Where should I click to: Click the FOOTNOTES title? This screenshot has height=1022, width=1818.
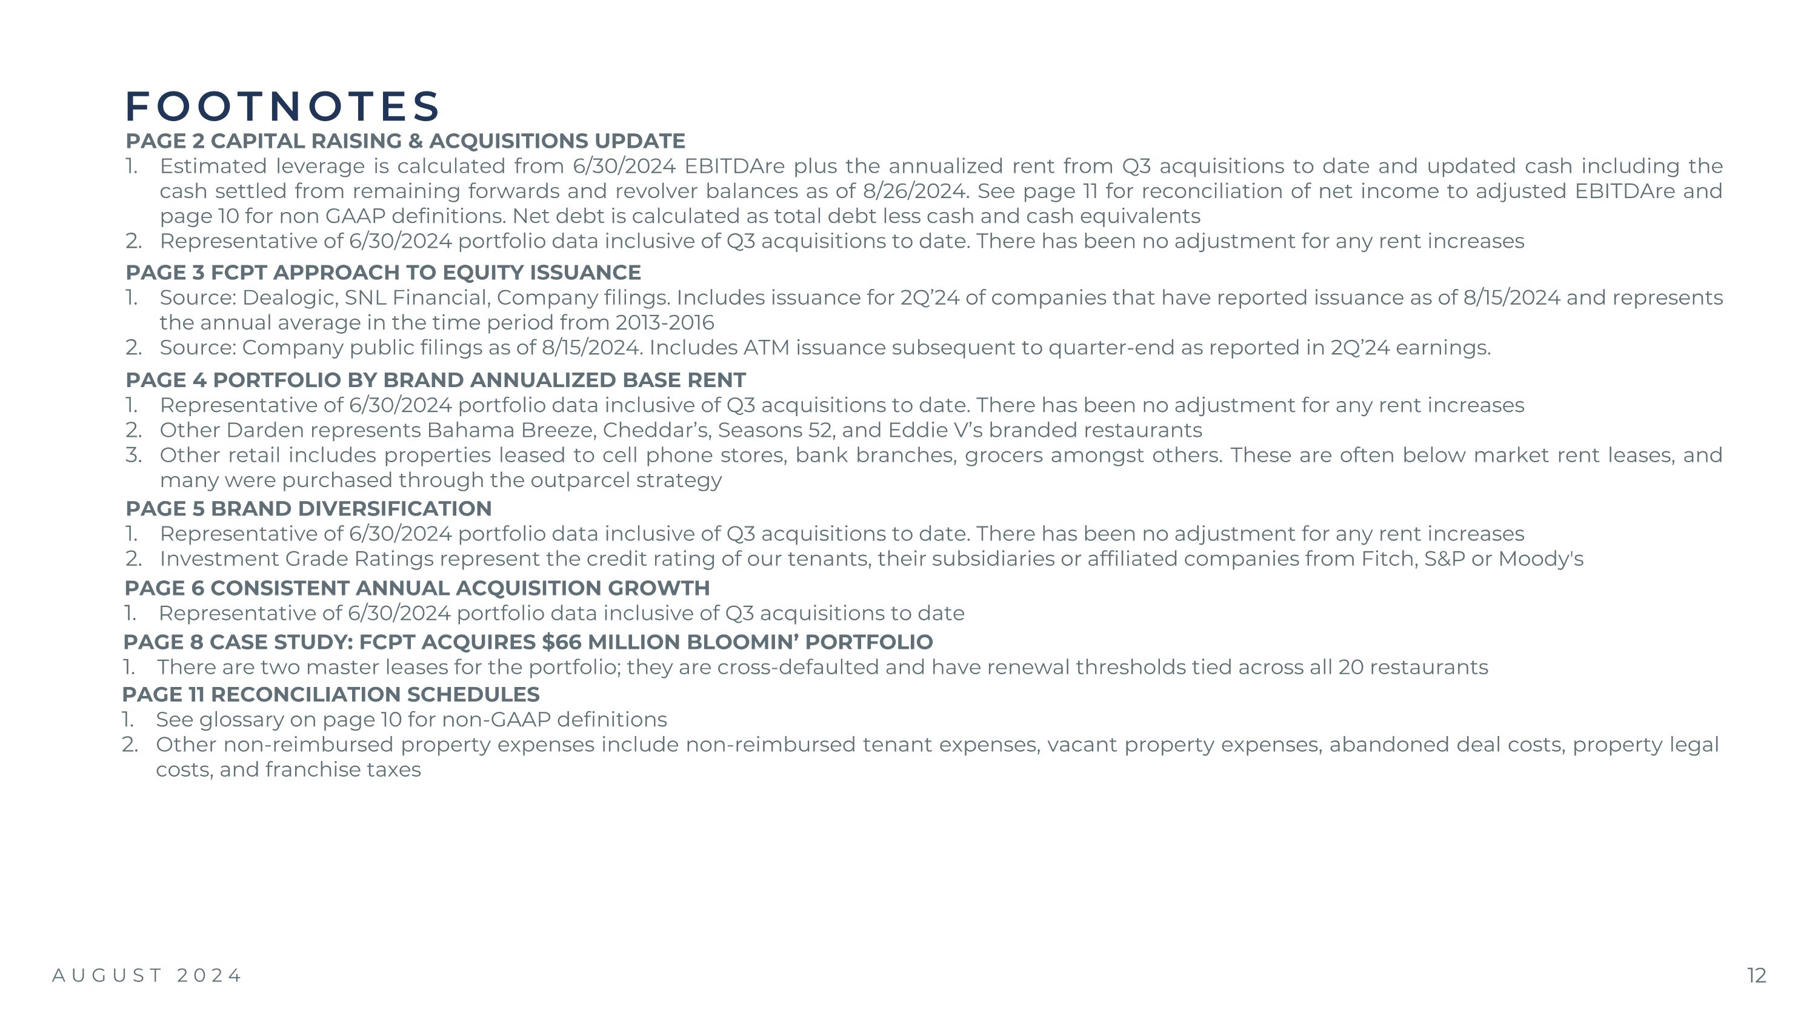(282, 107)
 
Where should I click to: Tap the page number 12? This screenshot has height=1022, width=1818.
(1756, 975)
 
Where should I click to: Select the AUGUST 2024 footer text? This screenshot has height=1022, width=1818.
(147, 975)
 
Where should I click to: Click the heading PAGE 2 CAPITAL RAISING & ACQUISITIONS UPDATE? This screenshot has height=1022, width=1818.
(405, 141)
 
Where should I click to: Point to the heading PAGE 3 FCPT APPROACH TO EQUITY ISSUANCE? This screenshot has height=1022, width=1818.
(383, 272)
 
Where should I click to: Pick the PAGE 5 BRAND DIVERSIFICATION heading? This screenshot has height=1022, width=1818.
(308, 508)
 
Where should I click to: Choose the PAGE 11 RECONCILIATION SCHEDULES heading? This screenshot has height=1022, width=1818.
(330, 695)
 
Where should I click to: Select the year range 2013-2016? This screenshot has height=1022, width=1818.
(664, 323)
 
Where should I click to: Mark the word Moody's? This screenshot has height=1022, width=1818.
(1540, 559)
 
